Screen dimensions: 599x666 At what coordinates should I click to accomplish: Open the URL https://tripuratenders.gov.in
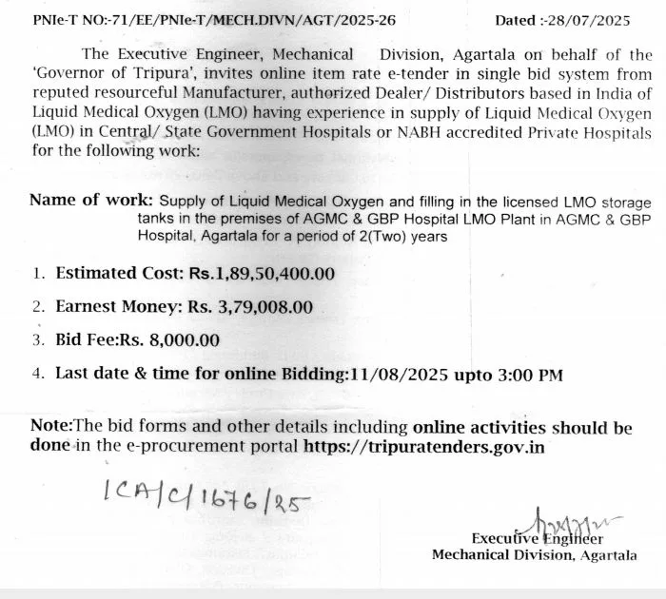(x=424, y=446)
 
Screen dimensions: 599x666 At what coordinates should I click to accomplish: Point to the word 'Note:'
(x=51, y=428)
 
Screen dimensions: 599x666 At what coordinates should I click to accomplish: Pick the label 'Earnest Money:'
(x=118, y=307)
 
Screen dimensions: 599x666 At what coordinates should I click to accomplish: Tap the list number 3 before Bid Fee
(x=38, y=340)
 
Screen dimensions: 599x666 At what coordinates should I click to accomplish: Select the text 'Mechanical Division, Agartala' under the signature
(x=535, y=555)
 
